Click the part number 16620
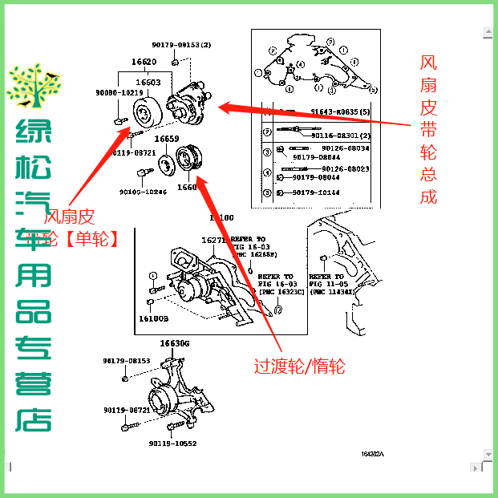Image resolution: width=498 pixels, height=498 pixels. click(144, 62)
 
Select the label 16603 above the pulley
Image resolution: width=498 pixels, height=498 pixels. click(148, 83)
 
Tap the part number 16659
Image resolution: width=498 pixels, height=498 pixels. click(167, 139)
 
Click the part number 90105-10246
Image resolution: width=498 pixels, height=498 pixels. click(143, 192)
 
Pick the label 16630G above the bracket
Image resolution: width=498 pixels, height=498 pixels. click(175, 343)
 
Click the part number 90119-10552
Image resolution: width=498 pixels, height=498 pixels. click(172, 443)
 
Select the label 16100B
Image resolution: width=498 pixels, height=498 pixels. click(153, 318)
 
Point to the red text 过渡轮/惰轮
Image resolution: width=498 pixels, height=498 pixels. click(300, 366)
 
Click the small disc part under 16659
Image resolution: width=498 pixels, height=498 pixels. click(168, 164)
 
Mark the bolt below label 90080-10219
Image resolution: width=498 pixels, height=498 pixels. click(120, 120)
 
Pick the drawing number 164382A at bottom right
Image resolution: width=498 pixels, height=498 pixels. click(372, 454)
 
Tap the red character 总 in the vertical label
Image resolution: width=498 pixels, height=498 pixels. click(429, 172)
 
